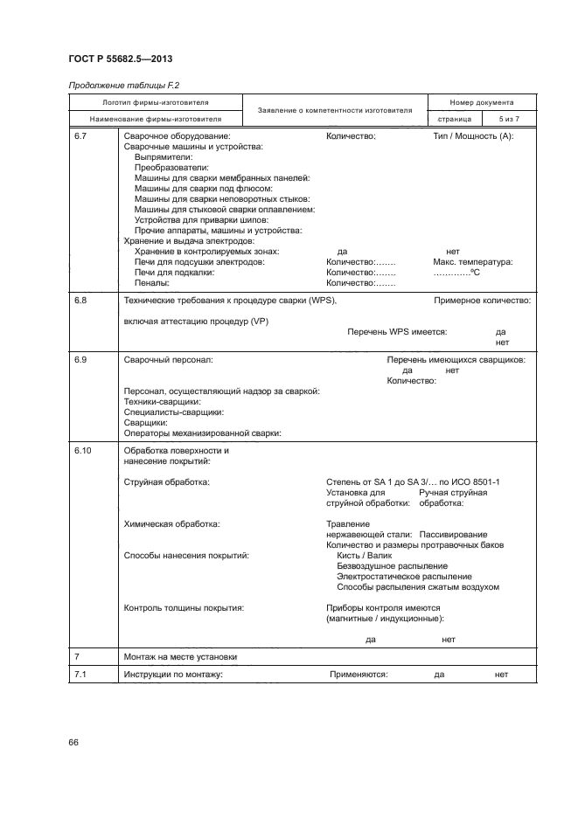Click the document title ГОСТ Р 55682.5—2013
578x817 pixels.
click(121, 59)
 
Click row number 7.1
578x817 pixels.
click(81, 675)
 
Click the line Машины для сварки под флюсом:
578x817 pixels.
click(204, 189)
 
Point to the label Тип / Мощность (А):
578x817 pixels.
click(473, 136)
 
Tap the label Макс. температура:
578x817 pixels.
click(473, 262)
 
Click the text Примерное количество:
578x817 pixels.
click(483, 301)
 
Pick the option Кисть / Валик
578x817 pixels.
click(365, 556)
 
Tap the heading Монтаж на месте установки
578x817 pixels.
click(180, 656)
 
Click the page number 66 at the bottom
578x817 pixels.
click(73, 743)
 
